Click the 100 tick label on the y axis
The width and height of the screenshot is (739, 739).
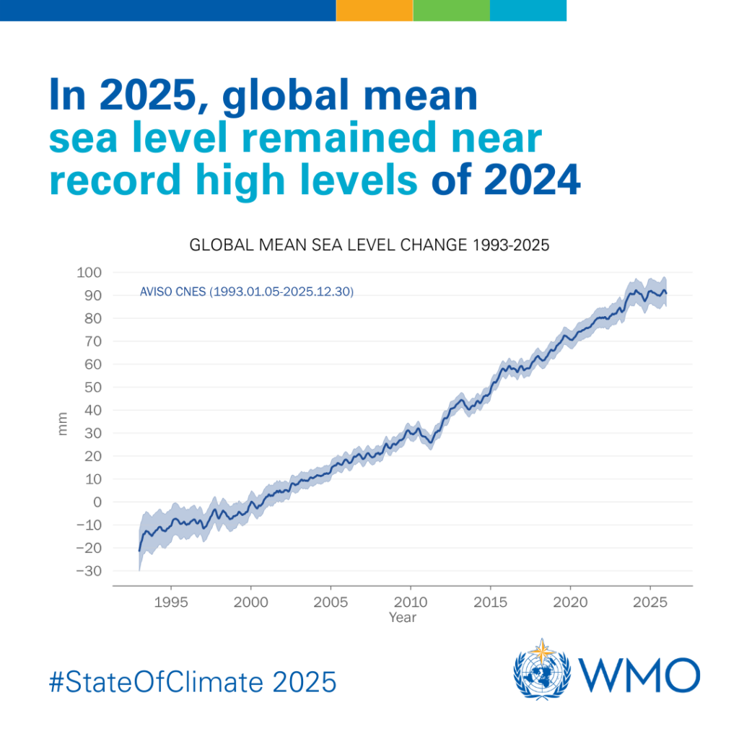tap(90, 272)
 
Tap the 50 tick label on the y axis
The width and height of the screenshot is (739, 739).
tap(92, 387)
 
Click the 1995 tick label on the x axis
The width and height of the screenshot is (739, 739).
tap(171, 602)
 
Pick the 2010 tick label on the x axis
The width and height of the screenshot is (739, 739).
tap(410, 602)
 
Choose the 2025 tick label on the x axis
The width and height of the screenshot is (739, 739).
tap(650, 602)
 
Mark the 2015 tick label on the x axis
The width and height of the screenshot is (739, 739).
tap(490, 602)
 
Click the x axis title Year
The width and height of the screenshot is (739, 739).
tap(402, 618)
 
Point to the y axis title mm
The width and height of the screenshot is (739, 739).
tap(63, 423)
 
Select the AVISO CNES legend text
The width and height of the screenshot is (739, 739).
tap(246, 292)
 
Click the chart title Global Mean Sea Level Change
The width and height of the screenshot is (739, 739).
tap(369, 245)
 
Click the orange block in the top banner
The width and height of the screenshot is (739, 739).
tap(374, 10)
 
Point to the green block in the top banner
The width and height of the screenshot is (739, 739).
tap(451, 10)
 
